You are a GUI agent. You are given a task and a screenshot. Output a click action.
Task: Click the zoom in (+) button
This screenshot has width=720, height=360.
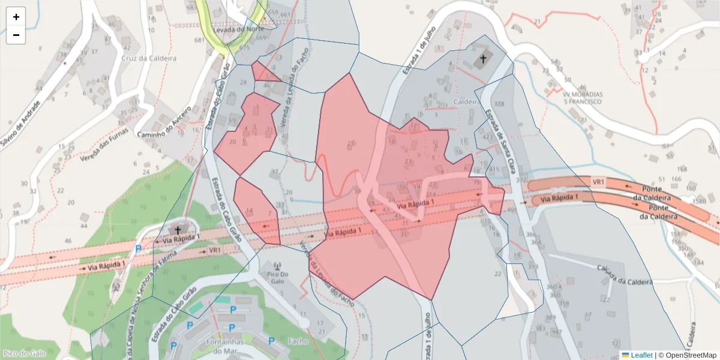click(16, 17)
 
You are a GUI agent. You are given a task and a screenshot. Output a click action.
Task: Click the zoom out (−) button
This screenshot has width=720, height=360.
click(16, 35)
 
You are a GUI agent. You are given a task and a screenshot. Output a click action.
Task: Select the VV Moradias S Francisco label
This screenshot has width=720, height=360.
click(582, 97)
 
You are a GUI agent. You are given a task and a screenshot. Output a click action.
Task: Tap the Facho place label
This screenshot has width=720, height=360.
click(298, 341)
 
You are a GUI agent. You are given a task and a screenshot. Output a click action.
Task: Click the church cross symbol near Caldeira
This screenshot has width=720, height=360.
click(483, 59)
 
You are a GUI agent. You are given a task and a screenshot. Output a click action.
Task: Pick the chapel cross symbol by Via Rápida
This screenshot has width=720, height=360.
click(177, 229)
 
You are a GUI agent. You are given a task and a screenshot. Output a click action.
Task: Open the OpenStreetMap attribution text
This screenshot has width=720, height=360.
click(687, 355)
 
